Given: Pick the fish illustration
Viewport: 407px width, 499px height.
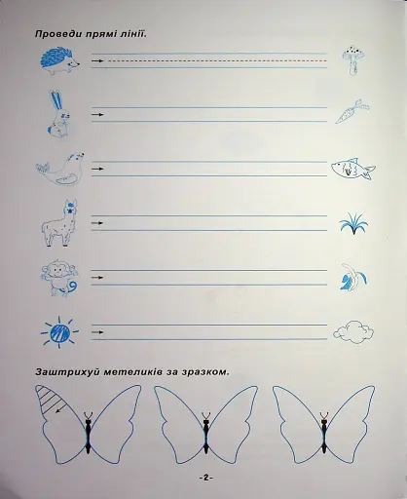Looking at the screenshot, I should point(352,169).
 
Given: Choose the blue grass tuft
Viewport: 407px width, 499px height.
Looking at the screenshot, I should point(352,226).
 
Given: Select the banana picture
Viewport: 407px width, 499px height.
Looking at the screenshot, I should point(351,281).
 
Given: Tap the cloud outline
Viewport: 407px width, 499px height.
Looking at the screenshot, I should point(351,334).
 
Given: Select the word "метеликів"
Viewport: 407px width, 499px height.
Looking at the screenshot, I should point(146,371).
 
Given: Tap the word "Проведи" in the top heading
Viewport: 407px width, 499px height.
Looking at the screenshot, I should point(60,35).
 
